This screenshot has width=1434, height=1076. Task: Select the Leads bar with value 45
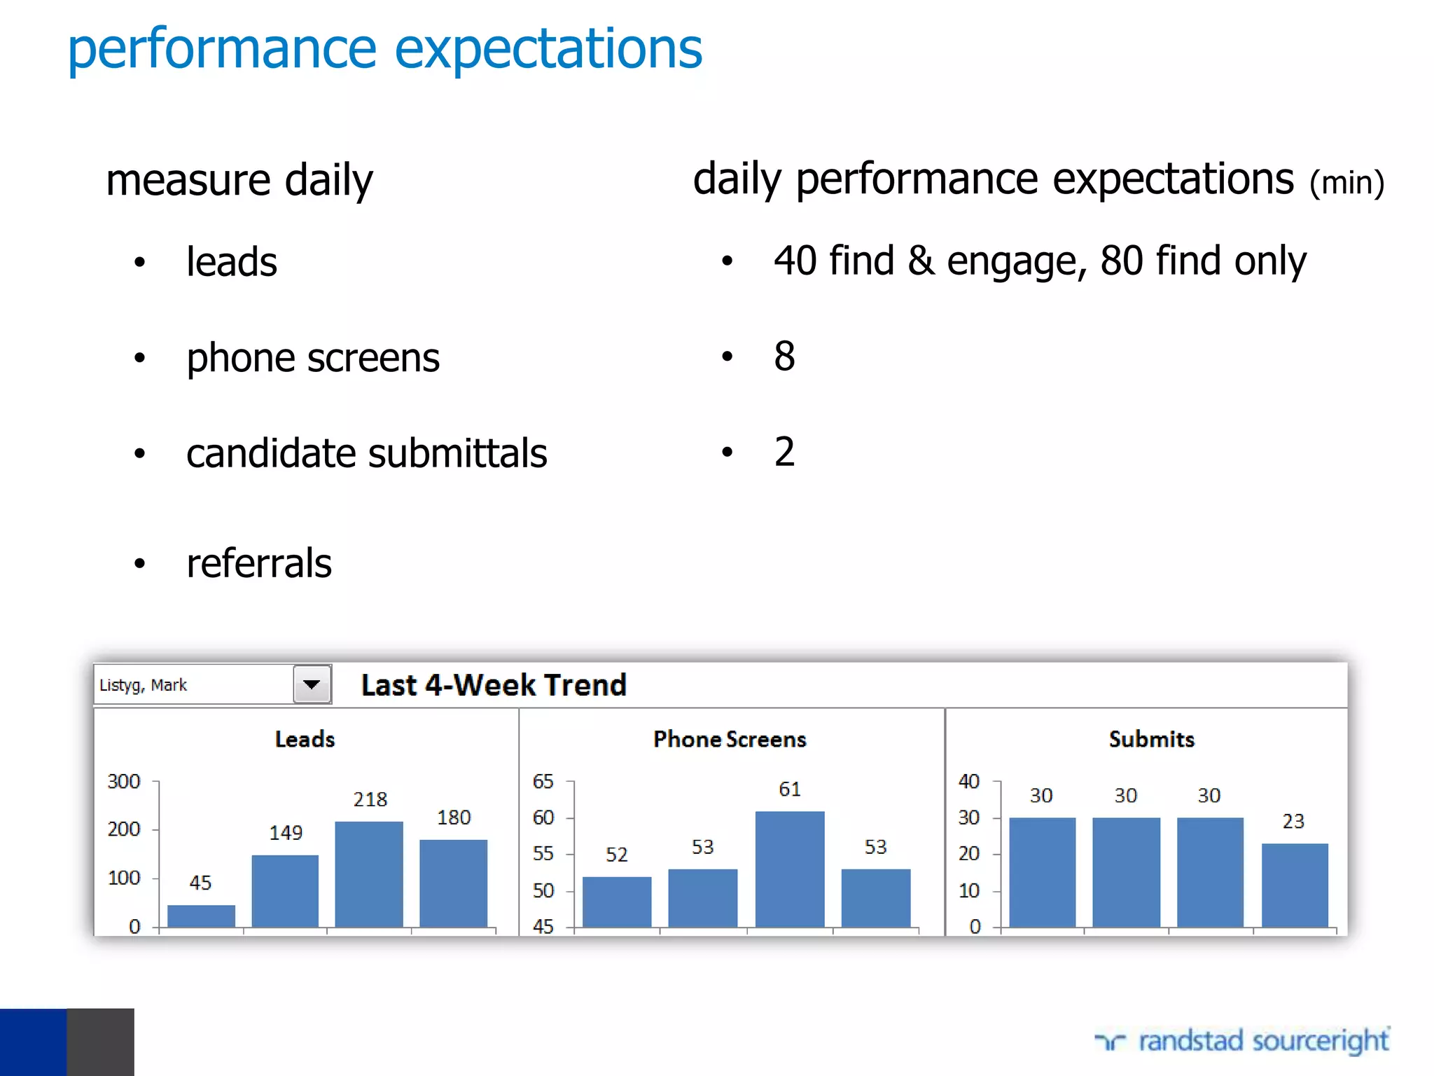coord(201,916)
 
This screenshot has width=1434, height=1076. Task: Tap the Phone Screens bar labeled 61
coord(789,869)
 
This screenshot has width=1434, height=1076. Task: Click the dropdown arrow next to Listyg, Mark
coord(312,684)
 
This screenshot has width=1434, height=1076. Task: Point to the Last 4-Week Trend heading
coord(493,684)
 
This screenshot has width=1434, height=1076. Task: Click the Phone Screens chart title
coord(730,739)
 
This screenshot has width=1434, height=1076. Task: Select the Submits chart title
coord(1151,739)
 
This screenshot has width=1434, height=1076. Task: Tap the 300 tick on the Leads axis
coord(124,781)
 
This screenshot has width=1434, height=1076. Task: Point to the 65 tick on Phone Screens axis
coord(543,781)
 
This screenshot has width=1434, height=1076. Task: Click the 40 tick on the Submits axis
coord(968,781)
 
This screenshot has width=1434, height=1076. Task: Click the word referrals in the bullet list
coord(259,563)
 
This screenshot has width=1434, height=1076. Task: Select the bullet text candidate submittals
coord(366,453)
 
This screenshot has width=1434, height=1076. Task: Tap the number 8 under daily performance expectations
coord(784,356)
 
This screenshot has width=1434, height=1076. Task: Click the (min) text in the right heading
coord(1346,183)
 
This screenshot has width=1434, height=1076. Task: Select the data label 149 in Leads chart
coord(286,833)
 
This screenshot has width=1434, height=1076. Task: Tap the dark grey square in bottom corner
coord(100,1042)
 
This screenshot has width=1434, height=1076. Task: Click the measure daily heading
coord(239,180)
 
